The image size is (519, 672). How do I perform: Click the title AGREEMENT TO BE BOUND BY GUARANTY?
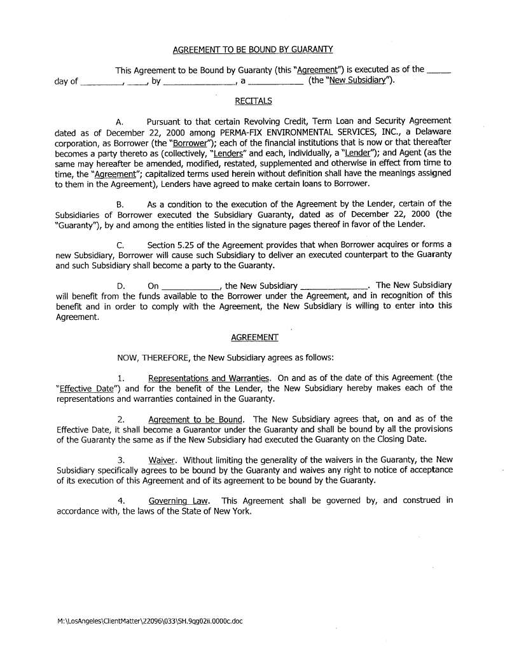253,50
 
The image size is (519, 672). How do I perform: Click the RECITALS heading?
253,100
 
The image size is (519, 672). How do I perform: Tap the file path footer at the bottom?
149,621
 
